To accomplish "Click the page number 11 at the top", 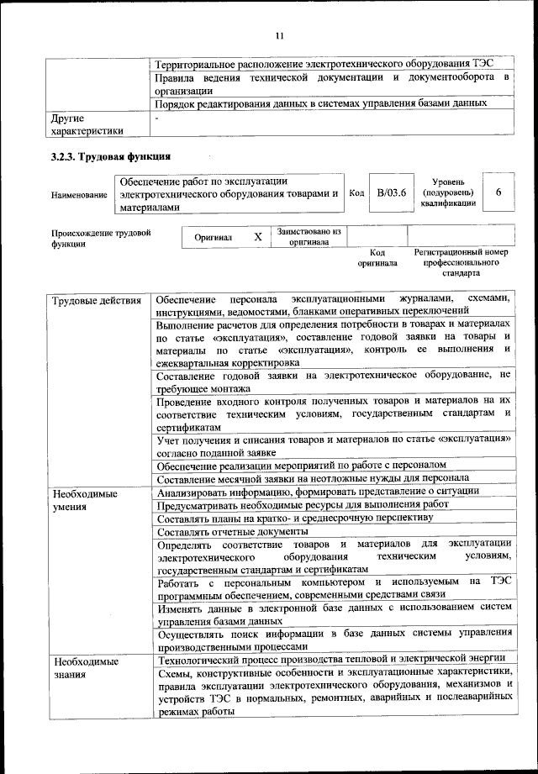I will [280, 35].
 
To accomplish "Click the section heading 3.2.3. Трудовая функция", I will [109, 156].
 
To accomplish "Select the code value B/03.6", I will [391, 193].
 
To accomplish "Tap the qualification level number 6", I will [498, 193].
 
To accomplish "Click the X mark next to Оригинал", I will [258, 237].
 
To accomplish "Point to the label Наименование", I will [79, 195].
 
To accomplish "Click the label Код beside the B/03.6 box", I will [356, 193].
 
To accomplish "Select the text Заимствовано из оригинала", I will [309, 235].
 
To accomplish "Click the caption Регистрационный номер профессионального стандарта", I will [461, 262].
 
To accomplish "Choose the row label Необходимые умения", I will [84, 500].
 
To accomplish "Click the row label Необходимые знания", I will [84, 668].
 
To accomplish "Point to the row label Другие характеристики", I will [87, 124].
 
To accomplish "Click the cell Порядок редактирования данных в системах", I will [321, 103].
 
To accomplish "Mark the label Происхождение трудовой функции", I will [101, 238].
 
